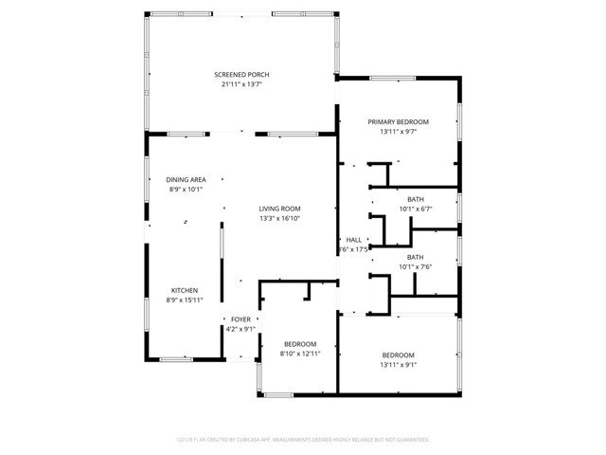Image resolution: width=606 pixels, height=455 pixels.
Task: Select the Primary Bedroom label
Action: (398, 122)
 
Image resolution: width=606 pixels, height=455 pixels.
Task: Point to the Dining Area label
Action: (186, 180)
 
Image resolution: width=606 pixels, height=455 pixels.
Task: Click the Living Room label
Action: (280, 209)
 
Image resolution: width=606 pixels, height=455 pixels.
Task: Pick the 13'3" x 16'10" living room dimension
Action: (280, 219)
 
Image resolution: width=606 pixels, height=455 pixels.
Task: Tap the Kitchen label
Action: (185, 291)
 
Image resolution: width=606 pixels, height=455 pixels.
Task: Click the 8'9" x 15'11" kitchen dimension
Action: (185, 300)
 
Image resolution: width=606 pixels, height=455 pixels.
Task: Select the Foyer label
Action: (241, 319)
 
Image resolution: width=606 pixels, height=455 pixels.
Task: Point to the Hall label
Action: (354, 240)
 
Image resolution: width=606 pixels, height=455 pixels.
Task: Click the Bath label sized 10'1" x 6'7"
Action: (416, 199)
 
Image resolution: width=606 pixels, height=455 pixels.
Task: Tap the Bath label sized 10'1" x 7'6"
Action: (416, 257)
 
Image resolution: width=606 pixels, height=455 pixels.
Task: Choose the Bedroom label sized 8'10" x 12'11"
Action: (300, 343)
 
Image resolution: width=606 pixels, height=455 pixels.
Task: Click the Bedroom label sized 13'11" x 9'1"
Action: (399, 355)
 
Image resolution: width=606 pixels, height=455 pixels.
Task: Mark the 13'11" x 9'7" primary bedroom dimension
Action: (398, 132)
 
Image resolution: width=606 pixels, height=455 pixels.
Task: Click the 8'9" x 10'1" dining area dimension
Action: (186, 190)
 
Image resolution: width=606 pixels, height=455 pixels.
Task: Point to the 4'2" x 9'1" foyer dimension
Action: (241, 329)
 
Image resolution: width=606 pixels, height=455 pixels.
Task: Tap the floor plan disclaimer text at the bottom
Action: (303, 440)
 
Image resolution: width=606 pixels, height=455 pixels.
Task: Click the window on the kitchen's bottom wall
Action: (176, 359)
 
